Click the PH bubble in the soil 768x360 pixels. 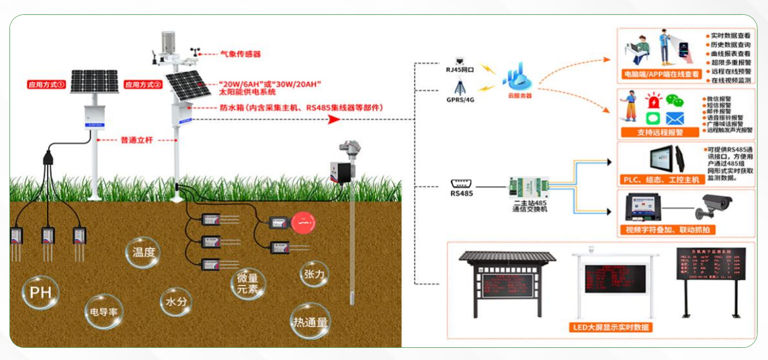coord(40,294)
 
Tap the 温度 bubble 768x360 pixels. coord(144,253)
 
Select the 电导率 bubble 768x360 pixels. coord(104,312)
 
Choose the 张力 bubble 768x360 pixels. coord(314,274)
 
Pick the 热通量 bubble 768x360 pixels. coord(310,322)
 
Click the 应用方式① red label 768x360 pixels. coord(46,85)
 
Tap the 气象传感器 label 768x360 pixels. coord(240,54)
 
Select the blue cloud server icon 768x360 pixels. coord(518,76)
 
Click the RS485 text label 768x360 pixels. coord(462,193)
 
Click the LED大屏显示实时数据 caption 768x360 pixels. coord(610,327)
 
